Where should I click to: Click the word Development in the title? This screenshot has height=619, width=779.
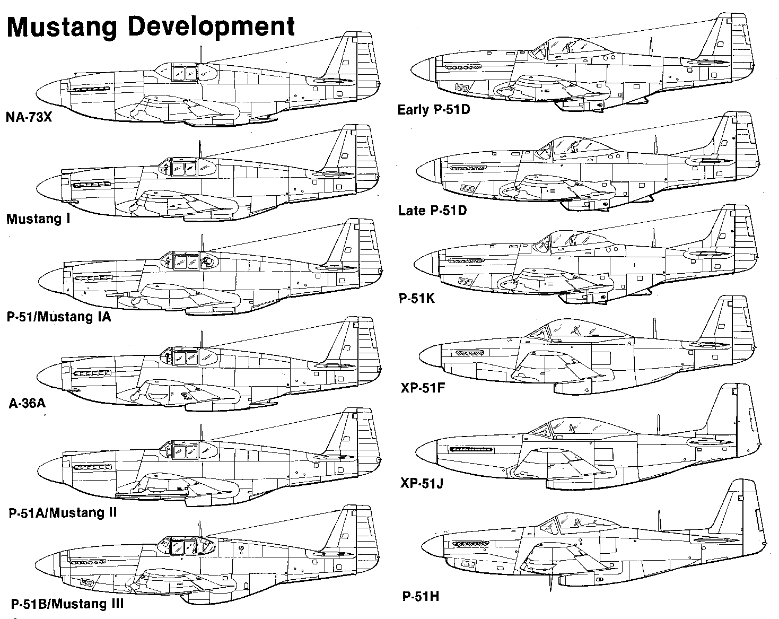[212, 27]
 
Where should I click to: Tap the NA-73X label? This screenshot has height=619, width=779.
[29, 117]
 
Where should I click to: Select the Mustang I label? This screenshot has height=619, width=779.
[38, 219]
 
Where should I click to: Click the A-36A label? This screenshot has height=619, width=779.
[27, 403]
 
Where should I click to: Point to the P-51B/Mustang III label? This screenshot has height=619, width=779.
[67, 604]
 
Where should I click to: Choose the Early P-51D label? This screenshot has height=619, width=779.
[434, 109]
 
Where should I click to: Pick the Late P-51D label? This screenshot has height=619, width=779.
[433, 210]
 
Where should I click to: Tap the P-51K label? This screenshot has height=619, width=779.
[417, 298]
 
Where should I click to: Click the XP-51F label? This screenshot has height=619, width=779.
[423, 388]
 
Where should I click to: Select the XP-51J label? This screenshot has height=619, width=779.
[422, 483]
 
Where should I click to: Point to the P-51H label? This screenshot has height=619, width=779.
[421, 596]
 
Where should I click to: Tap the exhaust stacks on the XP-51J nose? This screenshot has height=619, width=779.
[471, 450]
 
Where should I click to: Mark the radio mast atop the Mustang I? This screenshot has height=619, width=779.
[199, 150]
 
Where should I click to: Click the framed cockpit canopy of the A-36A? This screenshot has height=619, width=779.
[189, 357]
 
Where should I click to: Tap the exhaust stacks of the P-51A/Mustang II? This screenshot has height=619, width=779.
[92, 467]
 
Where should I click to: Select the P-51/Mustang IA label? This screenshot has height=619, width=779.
[59, 317]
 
